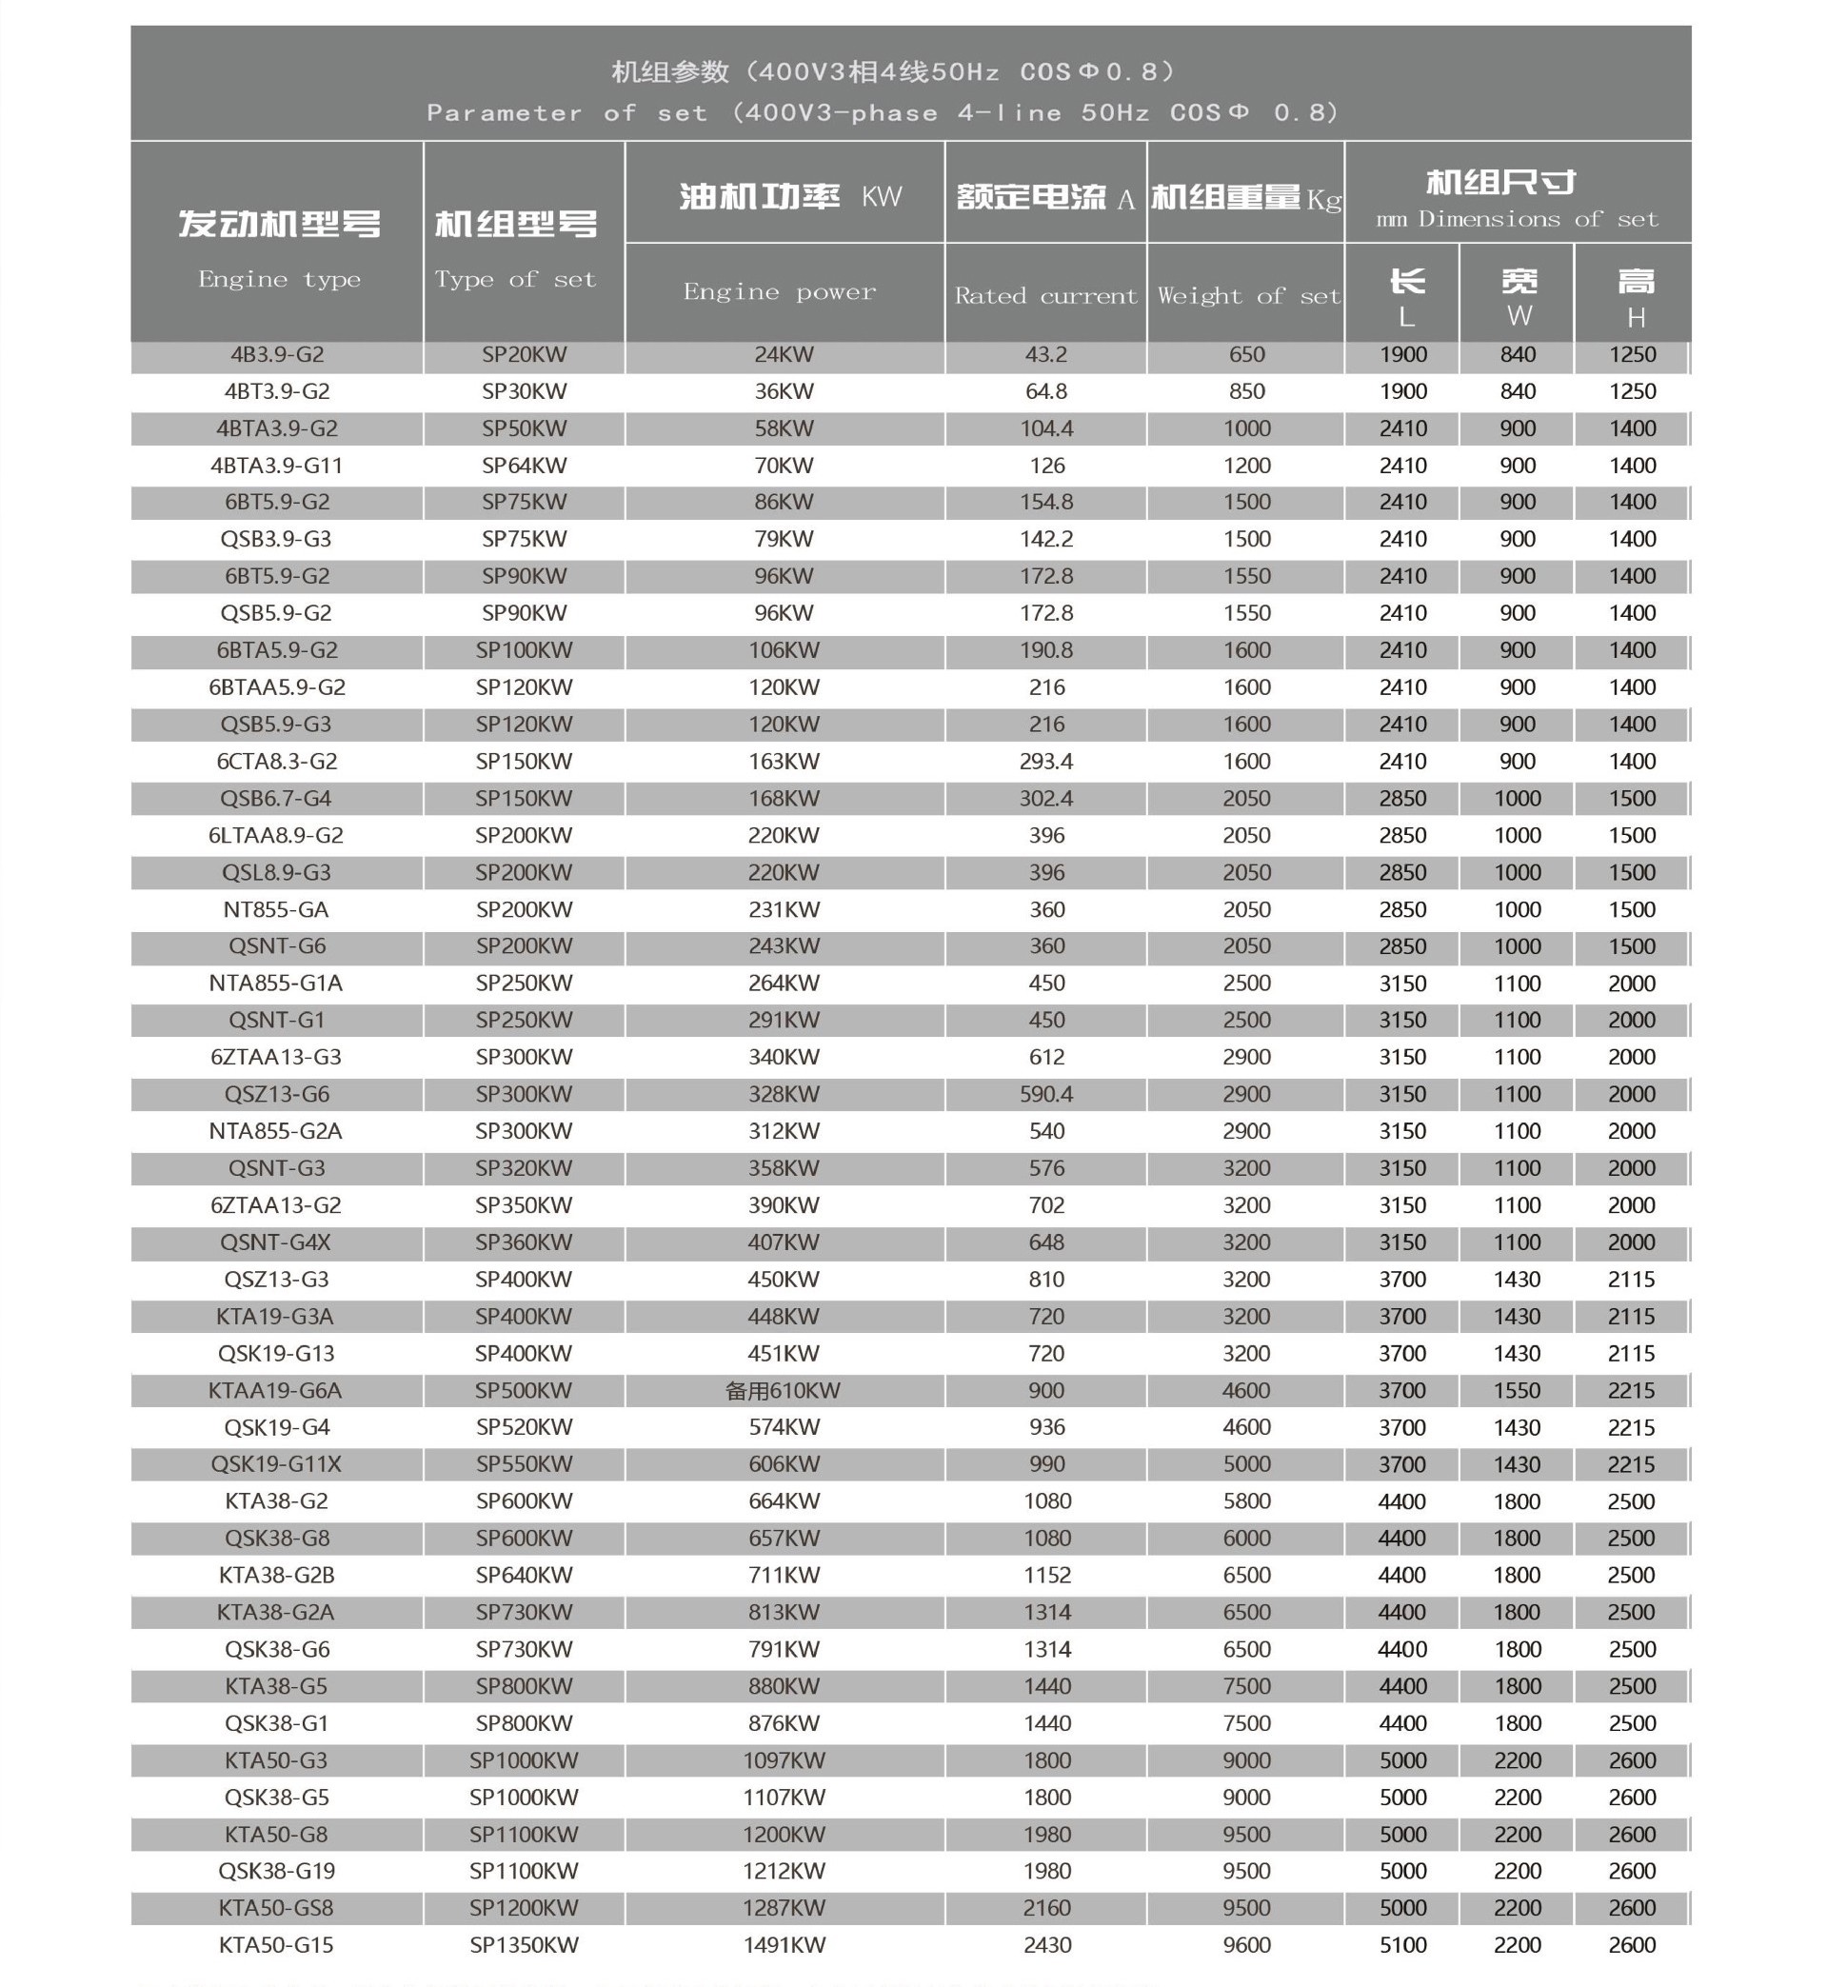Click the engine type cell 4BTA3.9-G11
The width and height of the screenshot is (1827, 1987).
pos(276,466)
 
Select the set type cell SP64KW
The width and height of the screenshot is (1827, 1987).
pos(524,466)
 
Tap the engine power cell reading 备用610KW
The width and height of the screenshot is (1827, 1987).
pos(783,1391)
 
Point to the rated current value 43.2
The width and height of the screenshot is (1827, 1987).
pos(1046,355)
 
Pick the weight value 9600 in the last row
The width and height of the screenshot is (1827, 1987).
pos(1246,1945)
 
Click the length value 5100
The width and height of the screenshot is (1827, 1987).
pos(1403,1945)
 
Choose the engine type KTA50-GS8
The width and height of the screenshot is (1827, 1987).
pos(276,1908)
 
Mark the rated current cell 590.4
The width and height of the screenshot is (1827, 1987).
pos(1046,1094)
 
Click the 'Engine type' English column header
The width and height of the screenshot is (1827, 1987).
pos(279,280)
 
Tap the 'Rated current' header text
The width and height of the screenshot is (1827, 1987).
pos(1046,296)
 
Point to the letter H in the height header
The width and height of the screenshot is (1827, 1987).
pos(1636,318)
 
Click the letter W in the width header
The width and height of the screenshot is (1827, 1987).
pos(1519,316)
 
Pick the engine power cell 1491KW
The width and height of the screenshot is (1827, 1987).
pos(784,1945)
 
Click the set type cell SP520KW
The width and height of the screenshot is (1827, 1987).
pos(524,1427)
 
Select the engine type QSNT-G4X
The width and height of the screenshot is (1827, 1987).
pos(276,1242)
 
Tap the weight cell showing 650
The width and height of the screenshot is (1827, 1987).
pos(1246,355)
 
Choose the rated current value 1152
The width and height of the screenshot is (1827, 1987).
pos(1047,1576)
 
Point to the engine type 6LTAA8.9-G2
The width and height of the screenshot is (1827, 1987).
pos(276,835)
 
